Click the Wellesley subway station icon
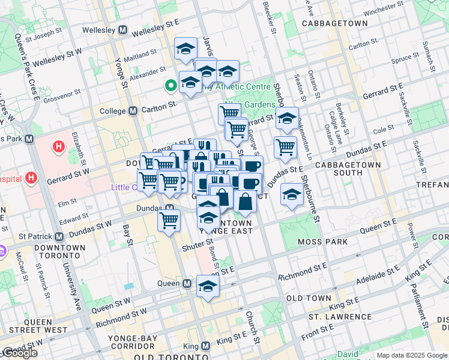point(122,30)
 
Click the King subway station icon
point(206,346)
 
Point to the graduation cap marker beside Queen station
point(208,287)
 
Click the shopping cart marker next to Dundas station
point(169,220)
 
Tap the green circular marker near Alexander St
point(171,85)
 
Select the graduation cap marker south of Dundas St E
point(292,194)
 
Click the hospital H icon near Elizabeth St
point(58,146)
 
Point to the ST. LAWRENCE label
point(340,316)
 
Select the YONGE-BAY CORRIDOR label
point(132,338)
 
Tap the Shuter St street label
point(198,243)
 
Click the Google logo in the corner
point(19,353)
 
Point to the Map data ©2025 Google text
point(412,355)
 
